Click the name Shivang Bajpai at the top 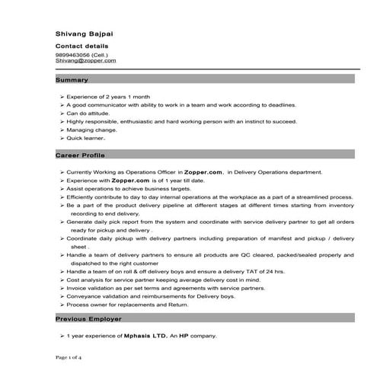coord(87,34)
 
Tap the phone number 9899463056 coord(75,55)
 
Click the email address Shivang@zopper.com coord(86,61)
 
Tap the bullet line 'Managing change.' coord(89,129)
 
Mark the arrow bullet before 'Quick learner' coord(61,139)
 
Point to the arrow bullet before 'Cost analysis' coord(61,280)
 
